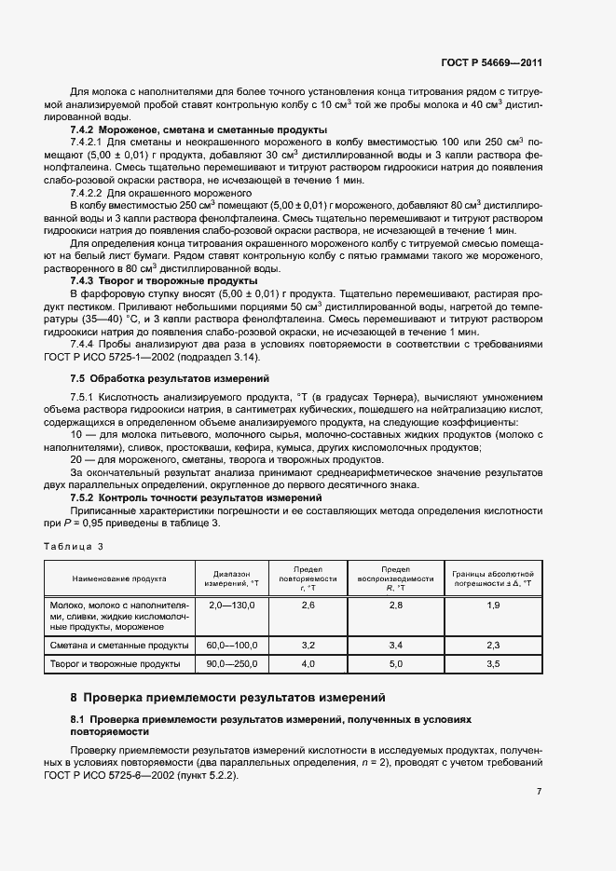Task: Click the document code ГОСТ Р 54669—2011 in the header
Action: click(x=491, y=63)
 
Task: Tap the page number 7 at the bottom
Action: click(x=539, y=792)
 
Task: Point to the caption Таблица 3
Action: click(x=74, y=546)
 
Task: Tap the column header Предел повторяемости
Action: click(x=308, y=578)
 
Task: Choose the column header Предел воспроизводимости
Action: click(x=395, y=578)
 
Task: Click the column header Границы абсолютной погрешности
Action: click(x=493, y=578)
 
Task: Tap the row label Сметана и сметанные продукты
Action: click(x=119, y=645)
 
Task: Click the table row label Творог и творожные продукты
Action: click(x=119, y=664)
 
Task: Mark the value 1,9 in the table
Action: click(x=493, y=606)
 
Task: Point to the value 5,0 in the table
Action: click(x=395, y=664)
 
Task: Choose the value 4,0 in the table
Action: click(x=308, y=664)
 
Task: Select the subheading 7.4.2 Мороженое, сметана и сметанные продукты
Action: click(x=198, y=129)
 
